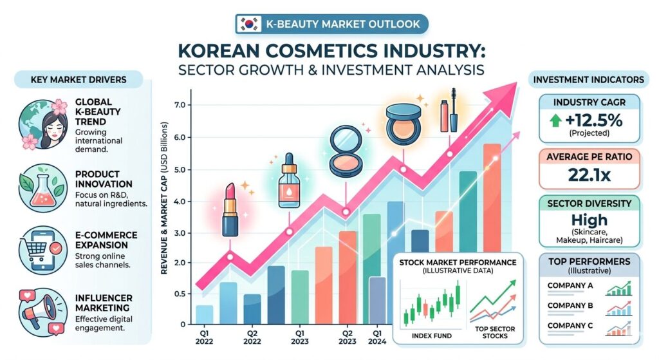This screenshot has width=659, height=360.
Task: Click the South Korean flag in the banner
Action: (x=249, y=24)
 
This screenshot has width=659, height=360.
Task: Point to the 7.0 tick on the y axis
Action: (x=179, y=105)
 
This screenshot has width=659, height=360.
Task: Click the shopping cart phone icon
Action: (x=39, y=244)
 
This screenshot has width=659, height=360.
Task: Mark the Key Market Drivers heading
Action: (x=79, y=80)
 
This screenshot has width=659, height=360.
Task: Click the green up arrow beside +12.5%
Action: (x=554, y=120)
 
